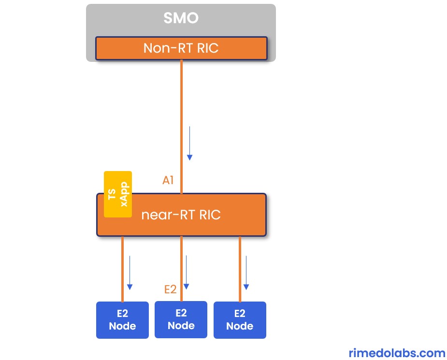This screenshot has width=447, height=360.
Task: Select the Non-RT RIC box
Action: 181,48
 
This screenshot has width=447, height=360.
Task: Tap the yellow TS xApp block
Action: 118,194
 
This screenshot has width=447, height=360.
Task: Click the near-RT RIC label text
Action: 181,215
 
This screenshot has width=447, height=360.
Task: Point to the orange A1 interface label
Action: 168,181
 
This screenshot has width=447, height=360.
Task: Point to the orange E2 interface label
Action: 170,289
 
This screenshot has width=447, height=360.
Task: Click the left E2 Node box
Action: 122,320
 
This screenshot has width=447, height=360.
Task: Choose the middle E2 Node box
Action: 181,319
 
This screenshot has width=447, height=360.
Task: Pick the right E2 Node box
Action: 240,320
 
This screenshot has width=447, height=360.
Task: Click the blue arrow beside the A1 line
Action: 190,143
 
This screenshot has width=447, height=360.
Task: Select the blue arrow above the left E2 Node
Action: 130,273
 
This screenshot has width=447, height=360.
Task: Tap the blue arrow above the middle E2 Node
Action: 186,273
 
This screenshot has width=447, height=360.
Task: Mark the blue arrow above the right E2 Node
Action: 246,273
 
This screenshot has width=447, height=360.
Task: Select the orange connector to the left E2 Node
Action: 122,269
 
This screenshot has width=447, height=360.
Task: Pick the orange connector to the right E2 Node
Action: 240,269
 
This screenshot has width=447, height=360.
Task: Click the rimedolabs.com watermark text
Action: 396,353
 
